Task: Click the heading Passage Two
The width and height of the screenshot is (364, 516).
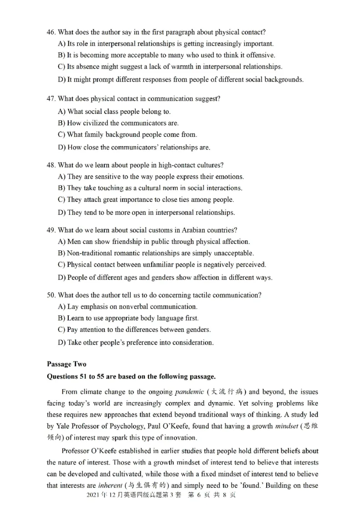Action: coord(66,364)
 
